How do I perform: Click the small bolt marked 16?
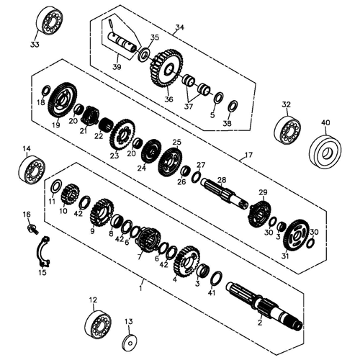click(x=31, y=228)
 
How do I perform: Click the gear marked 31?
click(x=295, y=235)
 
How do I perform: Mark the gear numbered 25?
click(x=171, y=159)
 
